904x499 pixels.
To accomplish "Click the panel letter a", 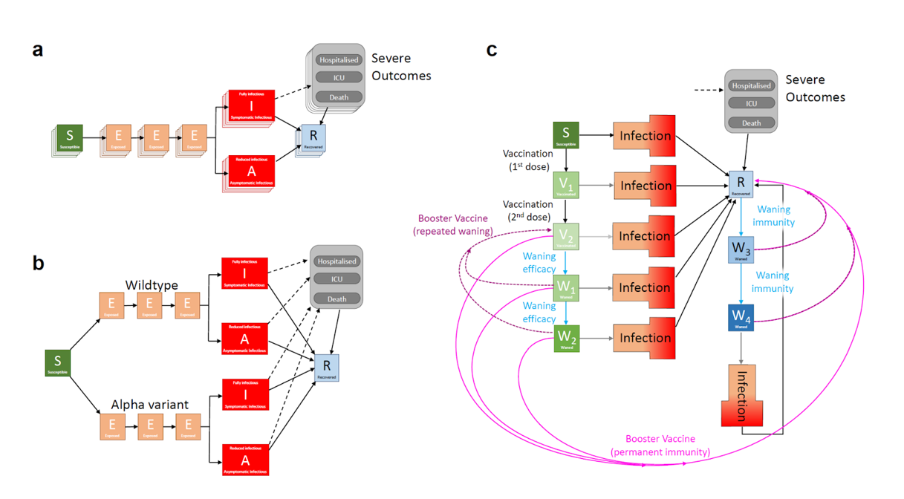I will click(37, 50).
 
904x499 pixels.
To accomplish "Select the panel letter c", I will click(491, 50).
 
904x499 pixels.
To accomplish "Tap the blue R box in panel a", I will click(313, 138).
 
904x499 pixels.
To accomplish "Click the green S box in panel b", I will click(57, 362).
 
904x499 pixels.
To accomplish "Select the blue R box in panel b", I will click(326, 367).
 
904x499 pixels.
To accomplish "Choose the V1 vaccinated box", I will click(566, 186).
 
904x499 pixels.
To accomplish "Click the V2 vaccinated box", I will click(566, 237).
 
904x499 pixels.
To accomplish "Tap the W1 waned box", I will click(566, 287).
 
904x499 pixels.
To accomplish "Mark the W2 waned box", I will click(566, 338).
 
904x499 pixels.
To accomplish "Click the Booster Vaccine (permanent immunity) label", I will click(660, 446).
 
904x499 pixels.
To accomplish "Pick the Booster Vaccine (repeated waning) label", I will click(453, 225).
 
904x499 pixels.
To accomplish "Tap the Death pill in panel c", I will click(752, 123).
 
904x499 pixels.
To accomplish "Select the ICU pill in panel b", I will click(336, 280).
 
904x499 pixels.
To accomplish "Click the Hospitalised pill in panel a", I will click(339, 60).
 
